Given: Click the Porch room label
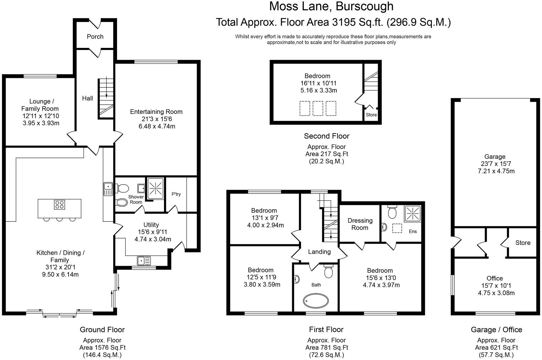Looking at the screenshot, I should [x=95, y=37].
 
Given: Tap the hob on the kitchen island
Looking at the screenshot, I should [x=59, y=205].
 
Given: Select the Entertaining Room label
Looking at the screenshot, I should [x=156, y=112].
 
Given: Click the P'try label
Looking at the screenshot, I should [x=176, y=194].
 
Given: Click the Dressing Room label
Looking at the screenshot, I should [x=360, y=224].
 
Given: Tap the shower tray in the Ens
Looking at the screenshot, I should [x=412, y=213].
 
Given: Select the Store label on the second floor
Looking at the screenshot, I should [x=371, y=115].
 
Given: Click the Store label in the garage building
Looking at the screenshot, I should [x=523, y=243].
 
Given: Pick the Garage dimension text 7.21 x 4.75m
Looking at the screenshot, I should [x=496, y=171].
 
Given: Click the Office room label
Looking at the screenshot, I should [x=494, y=279].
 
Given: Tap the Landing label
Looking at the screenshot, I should [x=319, y=252].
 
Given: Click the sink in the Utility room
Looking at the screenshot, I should [x=144, y=261].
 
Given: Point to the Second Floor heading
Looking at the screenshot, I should [x=326, y=136].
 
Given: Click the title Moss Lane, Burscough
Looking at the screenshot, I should [x=331, y=7].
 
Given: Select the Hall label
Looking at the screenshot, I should [x=87, y=98].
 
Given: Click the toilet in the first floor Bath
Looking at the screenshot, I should [x=328, y=271].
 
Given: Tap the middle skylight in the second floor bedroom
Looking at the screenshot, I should [x=318, y=108].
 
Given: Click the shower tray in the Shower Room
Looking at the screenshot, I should [x=155, y=188].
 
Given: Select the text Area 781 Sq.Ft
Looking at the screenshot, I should [x=326, y=348].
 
